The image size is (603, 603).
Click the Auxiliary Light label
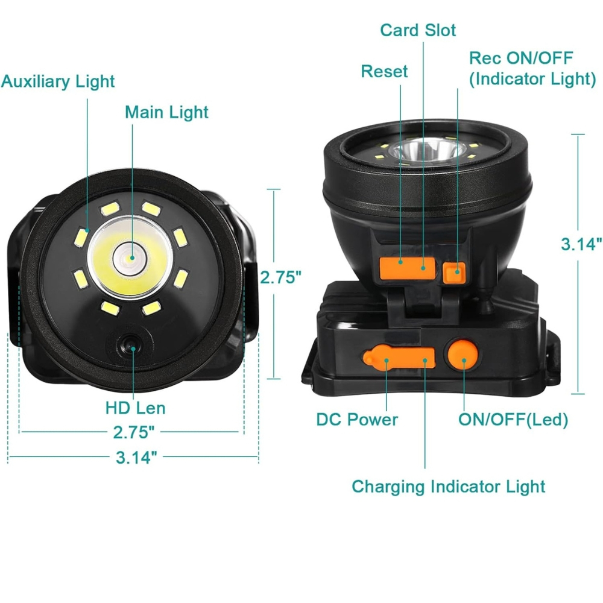(x=58, y=81)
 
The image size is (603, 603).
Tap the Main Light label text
(x=166, y=112)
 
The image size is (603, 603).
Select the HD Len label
(x=135, y=408)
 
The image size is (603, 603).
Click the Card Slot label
(x=418, y=30)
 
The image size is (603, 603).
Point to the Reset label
(x=384, y=72)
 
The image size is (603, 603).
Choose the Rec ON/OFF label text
(x=521, y=58)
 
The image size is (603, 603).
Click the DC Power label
(x=357, y=420)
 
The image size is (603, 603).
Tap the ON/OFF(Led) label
(x=513, y=420)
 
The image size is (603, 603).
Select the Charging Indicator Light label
(x=449, y=487)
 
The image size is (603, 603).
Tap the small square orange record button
(x=454, y=273)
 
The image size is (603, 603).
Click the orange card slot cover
(x=407, y=268)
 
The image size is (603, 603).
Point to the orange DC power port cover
(x=399, y=357)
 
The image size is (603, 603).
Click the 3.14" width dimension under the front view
(x=136, y=458)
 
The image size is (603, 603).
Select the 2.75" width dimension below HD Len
(x=133, y=432)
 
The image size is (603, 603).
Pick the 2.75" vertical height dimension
(x=281, y=277)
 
